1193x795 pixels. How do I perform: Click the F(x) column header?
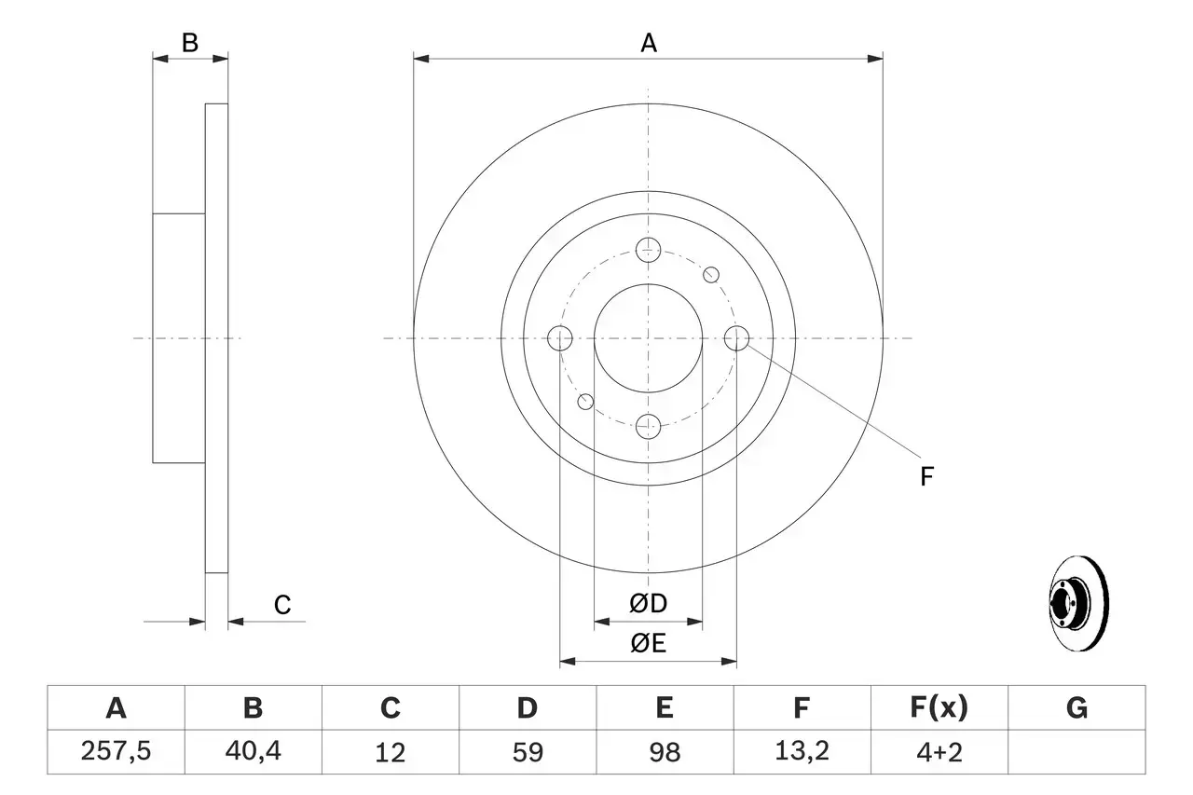pyautogui.click(x=938, y=708)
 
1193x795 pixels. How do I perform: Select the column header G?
pyautogui.click(x=1076, y=708)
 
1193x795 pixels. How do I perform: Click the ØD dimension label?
pyautogui.click(x=648, y=603)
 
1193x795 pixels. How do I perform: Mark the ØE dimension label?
pyautogui.click(x=648, y=643)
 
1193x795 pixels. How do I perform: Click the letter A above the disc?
pyautogui.click(x=648, y=43)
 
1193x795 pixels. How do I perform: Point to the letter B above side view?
pyautogui.click(x=189, y=43)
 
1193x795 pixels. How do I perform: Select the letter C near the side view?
pyautogui.click(x=282, y=605)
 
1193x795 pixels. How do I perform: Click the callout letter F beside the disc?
pyautogui.click(x=926, y=477)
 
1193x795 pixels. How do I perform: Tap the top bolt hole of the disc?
pyautogui.click(x=648, y=249)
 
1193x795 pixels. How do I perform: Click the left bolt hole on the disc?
pyautogui.click(x=559, y=338)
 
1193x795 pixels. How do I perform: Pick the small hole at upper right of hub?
pyautogui.click(x=711, y=274)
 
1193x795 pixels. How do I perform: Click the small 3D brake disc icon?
pyautogui.click(x=1076, y=606)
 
